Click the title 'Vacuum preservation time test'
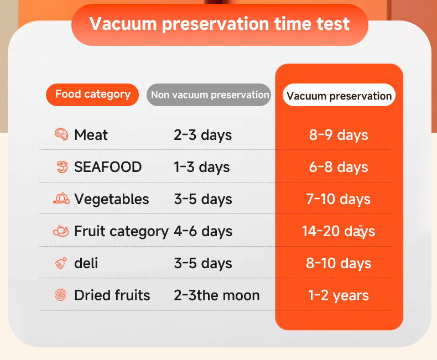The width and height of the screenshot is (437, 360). pyautogui.click(x=220, y=24)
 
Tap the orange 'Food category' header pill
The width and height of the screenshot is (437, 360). pyautogui.click(x=92, y=95)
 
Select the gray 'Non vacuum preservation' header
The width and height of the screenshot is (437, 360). pyautogui.click(x=209, y=95)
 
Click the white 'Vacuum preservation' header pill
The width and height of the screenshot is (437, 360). pyautogui.click(x=339, y=95)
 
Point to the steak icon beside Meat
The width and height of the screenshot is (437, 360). pyautogui.click(x=61, y=134)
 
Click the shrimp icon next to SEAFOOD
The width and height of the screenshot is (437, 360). pyautogui.click(x=62, y=167)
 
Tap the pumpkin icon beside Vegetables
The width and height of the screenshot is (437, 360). pyautogui.click(x=61, y=199)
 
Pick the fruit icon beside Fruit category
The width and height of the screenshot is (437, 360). pyautogui.click(x=61, y=231)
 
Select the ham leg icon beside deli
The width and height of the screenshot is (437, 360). pyautogui.click(x=61, y=263)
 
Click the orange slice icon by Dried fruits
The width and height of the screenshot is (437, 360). pyautogui.click(x=61, y=295)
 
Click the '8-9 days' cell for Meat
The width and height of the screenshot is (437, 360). pyautogui.click(x=339, y=135)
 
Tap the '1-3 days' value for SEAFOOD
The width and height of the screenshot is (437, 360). pyautogui.click(x=202, y=167)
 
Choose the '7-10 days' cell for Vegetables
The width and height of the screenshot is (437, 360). pyautogui.click(x=339, y=199)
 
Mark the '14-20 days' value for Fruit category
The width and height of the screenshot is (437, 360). pyautogui.click(x=339, y=231)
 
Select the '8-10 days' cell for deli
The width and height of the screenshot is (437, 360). pyautogui.click(x=339, y=263)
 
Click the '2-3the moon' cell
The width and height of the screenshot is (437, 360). pyautogui.click(x=217, y=295)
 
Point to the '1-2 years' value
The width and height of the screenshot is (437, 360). pyautogui.click(x=339, y=295)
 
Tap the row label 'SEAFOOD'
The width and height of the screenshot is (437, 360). pyautogui.click(x=108, y=167)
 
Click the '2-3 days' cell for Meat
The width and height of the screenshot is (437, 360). pyautogui.click(x=203, y=135)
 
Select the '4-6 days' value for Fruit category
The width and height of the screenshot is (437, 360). pyautogui.click(x=203, y=231)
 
